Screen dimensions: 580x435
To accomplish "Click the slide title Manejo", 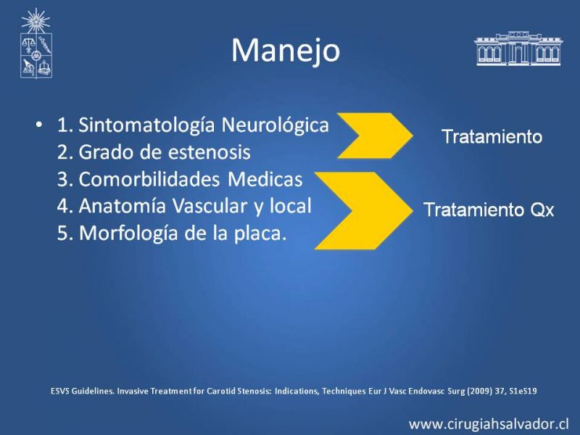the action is tap(286, 51).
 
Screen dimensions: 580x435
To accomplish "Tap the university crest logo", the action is tap(36, 43).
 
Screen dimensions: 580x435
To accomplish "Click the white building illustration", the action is tap(518, 49).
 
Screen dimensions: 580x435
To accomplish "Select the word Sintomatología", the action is tap(146, 125).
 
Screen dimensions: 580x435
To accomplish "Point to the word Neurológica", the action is tap(275, 125).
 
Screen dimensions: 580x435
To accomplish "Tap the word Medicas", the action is tap(265, 179).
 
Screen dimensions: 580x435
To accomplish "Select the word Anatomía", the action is tap(122, 206).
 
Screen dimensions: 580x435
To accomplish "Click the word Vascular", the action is tap(210, 206).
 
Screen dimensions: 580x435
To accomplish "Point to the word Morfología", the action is tap(128, 233).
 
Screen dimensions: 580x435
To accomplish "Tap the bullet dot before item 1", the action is tap(39, 124).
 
